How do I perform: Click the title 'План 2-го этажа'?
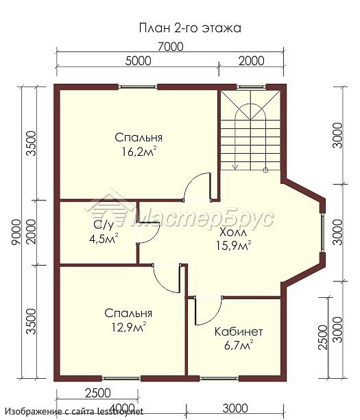[x=190, y=28]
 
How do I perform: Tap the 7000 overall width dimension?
[x=171, y=47]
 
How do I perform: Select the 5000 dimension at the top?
[x=138, y=61]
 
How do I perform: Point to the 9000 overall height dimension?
[x=16, y=232]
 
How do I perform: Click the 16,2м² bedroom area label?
[x=139, y=152]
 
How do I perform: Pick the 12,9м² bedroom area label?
[x=129, y=327]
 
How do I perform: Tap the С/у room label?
[x=104, y=225]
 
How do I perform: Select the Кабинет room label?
[x=239, y=332]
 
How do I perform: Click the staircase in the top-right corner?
[x=250, y=130]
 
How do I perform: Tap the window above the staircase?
[x=251, y=86]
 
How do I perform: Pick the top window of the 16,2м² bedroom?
[x=138, y=86]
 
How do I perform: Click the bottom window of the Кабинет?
[x=219, y=379]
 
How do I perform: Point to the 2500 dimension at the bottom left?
[x=97, y=393]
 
